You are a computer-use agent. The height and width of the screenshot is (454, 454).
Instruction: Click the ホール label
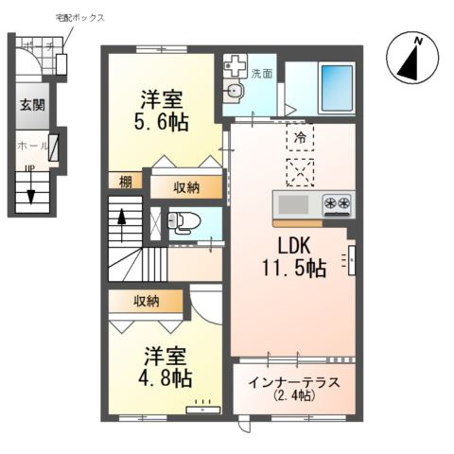coord(31,147)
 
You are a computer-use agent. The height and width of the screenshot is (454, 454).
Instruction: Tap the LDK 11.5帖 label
coord(293,256)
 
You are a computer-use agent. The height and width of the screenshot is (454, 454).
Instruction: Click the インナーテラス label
coord(293,389)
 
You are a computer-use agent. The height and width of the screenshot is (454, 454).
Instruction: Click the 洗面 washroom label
coord(262,73)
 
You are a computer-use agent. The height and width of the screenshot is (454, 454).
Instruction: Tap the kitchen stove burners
coord(338,202)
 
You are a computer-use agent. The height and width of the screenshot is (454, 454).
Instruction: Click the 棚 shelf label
coord(125,183)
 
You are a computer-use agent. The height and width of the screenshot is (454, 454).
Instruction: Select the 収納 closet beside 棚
coord(186,186)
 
